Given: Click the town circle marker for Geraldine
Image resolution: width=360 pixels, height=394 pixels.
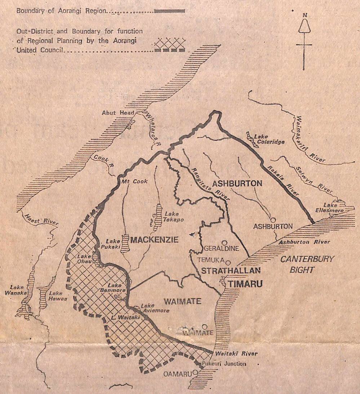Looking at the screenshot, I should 225,243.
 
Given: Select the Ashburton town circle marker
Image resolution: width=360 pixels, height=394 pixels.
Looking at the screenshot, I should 273,219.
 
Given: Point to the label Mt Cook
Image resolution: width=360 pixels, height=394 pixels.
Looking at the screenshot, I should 135,182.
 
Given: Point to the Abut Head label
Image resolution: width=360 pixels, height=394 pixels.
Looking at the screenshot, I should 114,113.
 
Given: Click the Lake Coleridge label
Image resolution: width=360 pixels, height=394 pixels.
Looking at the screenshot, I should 268,139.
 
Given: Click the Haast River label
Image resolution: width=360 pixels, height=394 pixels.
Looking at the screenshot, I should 40,220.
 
